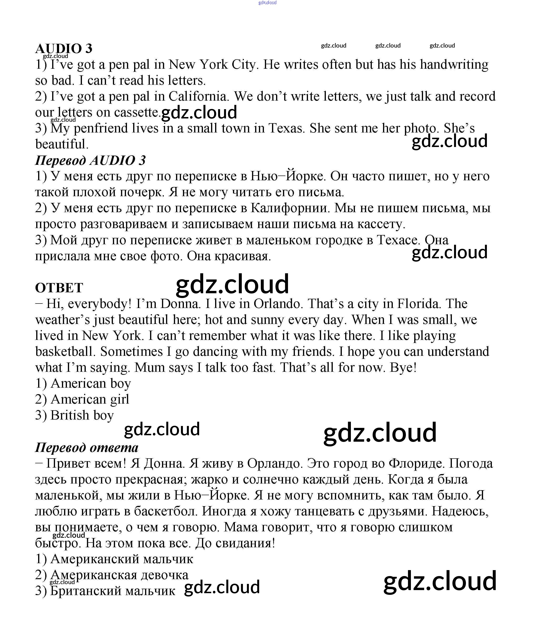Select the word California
(198, 97)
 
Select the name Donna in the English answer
(180, 304)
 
